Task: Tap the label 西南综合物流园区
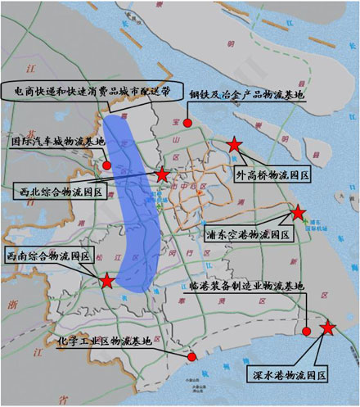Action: [x=47, y=255]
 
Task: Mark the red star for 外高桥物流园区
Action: [x=234, y=145]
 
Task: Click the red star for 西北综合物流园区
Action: [x=163, y=174]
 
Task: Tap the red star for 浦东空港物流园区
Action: [x=299, y=212]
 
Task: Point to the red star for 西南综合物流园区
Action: [x=107, y=281]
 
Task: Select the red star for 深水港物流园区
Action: [x=328, y=328]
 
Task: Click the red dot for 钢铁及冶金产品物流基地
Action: [x=188, y=123]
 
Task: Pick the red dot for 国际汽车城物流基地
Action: [x=107, y=165]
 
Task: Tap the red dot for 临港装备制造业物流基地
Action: [x=306, y=331]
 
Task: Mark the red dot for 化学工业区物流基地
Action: [x=191, y=357]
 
